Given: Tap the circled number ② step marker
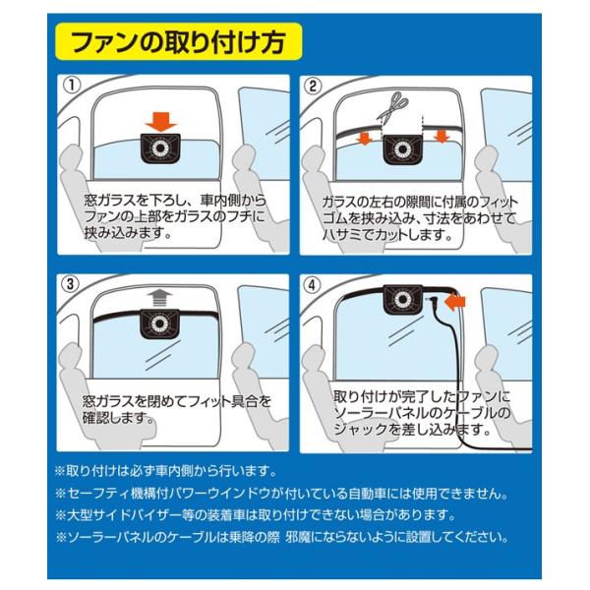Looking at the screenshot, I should click(x=314, y=87).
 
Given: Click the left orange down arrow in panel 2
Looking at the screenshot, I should click(x=362, y=139).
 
